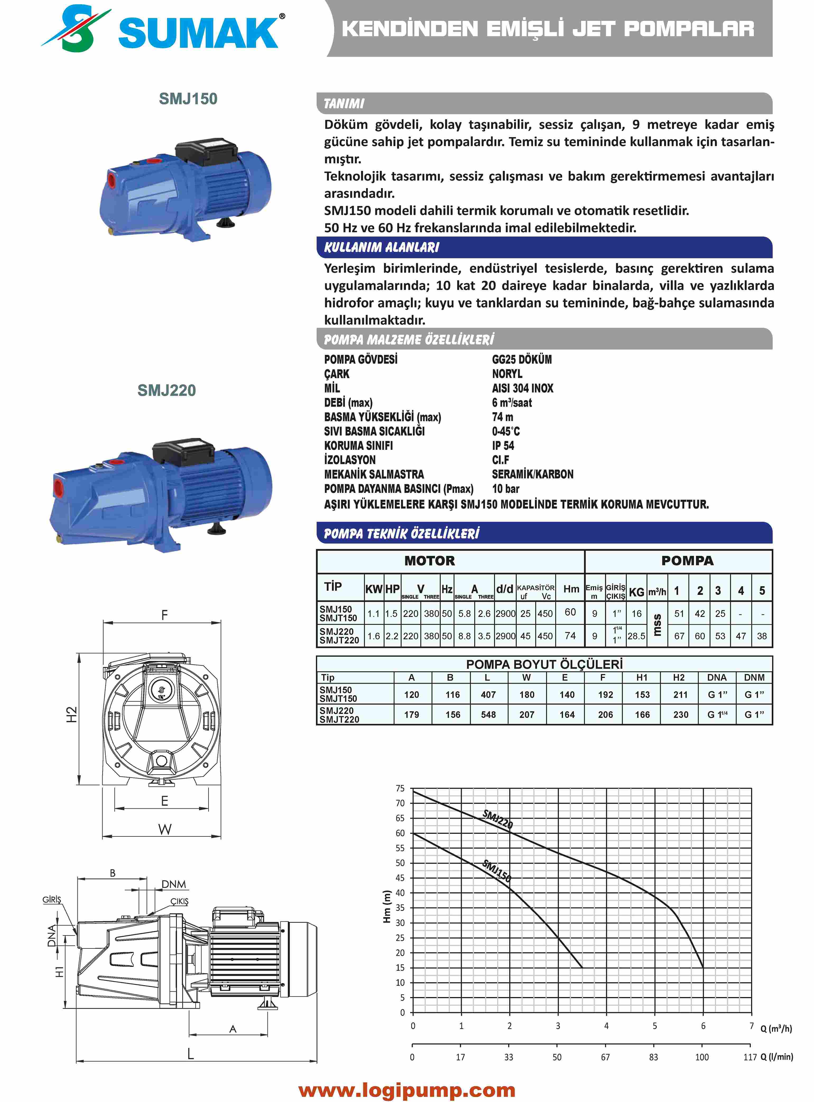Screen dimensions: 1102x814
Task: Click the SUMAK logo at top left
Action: [x=163, y=30]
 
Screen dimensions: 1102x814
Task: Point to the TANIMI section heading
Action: [x=344, y=103]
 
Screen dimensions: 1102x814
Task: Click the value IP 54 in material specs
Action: [x=503, y=445]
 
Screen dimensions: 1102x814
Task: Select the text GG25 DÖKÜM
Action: [x=521, y=359]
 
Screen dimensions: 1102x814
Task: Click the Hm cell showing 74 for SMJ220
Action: [x=570, y=636]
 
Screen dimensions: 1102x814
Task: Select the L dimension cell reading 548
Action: [x=488, y=714]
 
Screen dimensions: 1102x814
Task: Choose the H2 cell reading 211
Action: [x=680, y=694]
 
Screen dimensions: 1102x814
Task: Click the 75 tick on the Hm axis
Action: [x=400, y=789]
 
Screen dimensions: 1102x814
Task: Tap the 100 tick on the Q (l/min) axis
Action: [x=702, y=1057]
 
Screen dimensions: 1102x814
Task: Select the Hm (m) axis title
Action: [x=387, y=906]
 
